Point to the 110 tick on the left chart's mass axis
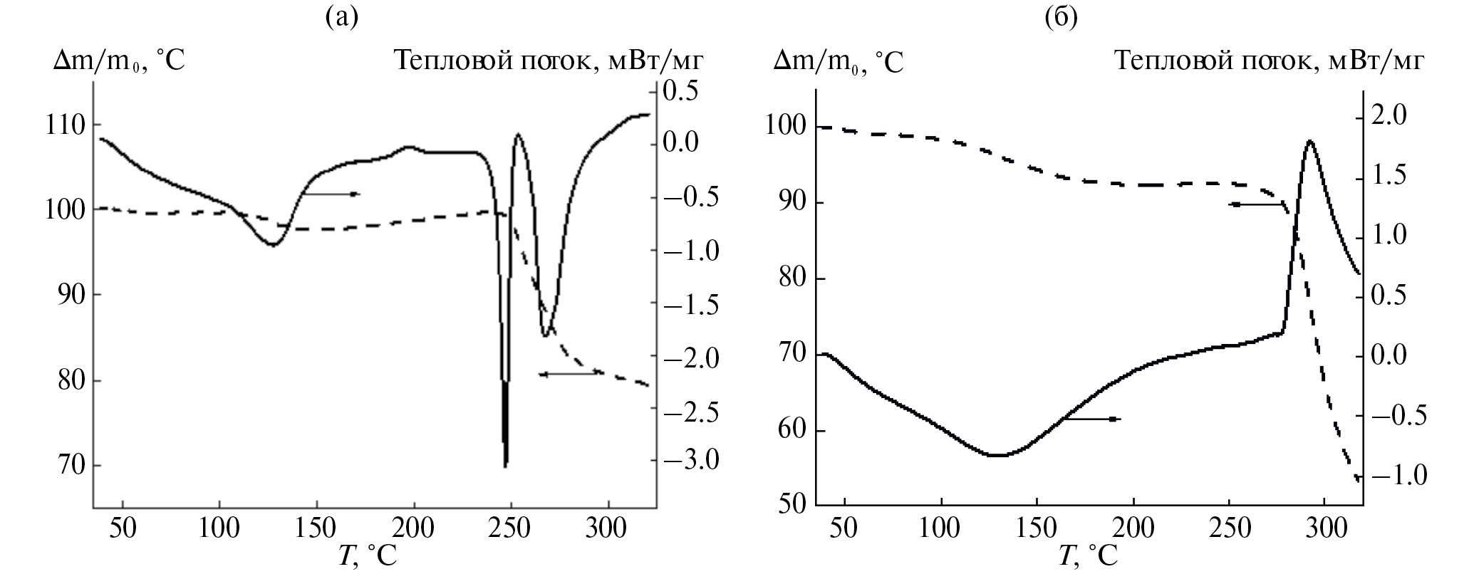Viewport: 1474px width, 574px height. (x=65, y=125)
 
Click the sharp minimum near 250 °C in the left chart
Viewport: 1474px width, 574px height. (x=505, y=464)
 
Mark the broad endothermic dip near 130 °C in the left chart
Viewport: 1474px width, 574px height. (x=273, y=244)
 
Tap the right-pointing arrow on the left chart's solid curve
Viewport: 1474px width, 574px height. (x=332, y=194)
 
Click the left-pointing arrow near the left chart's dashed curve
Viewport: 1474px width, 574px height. (x=570, y=373)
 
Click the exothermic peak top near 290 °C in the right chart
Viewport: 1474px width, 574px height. (x=1310, y=141)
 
